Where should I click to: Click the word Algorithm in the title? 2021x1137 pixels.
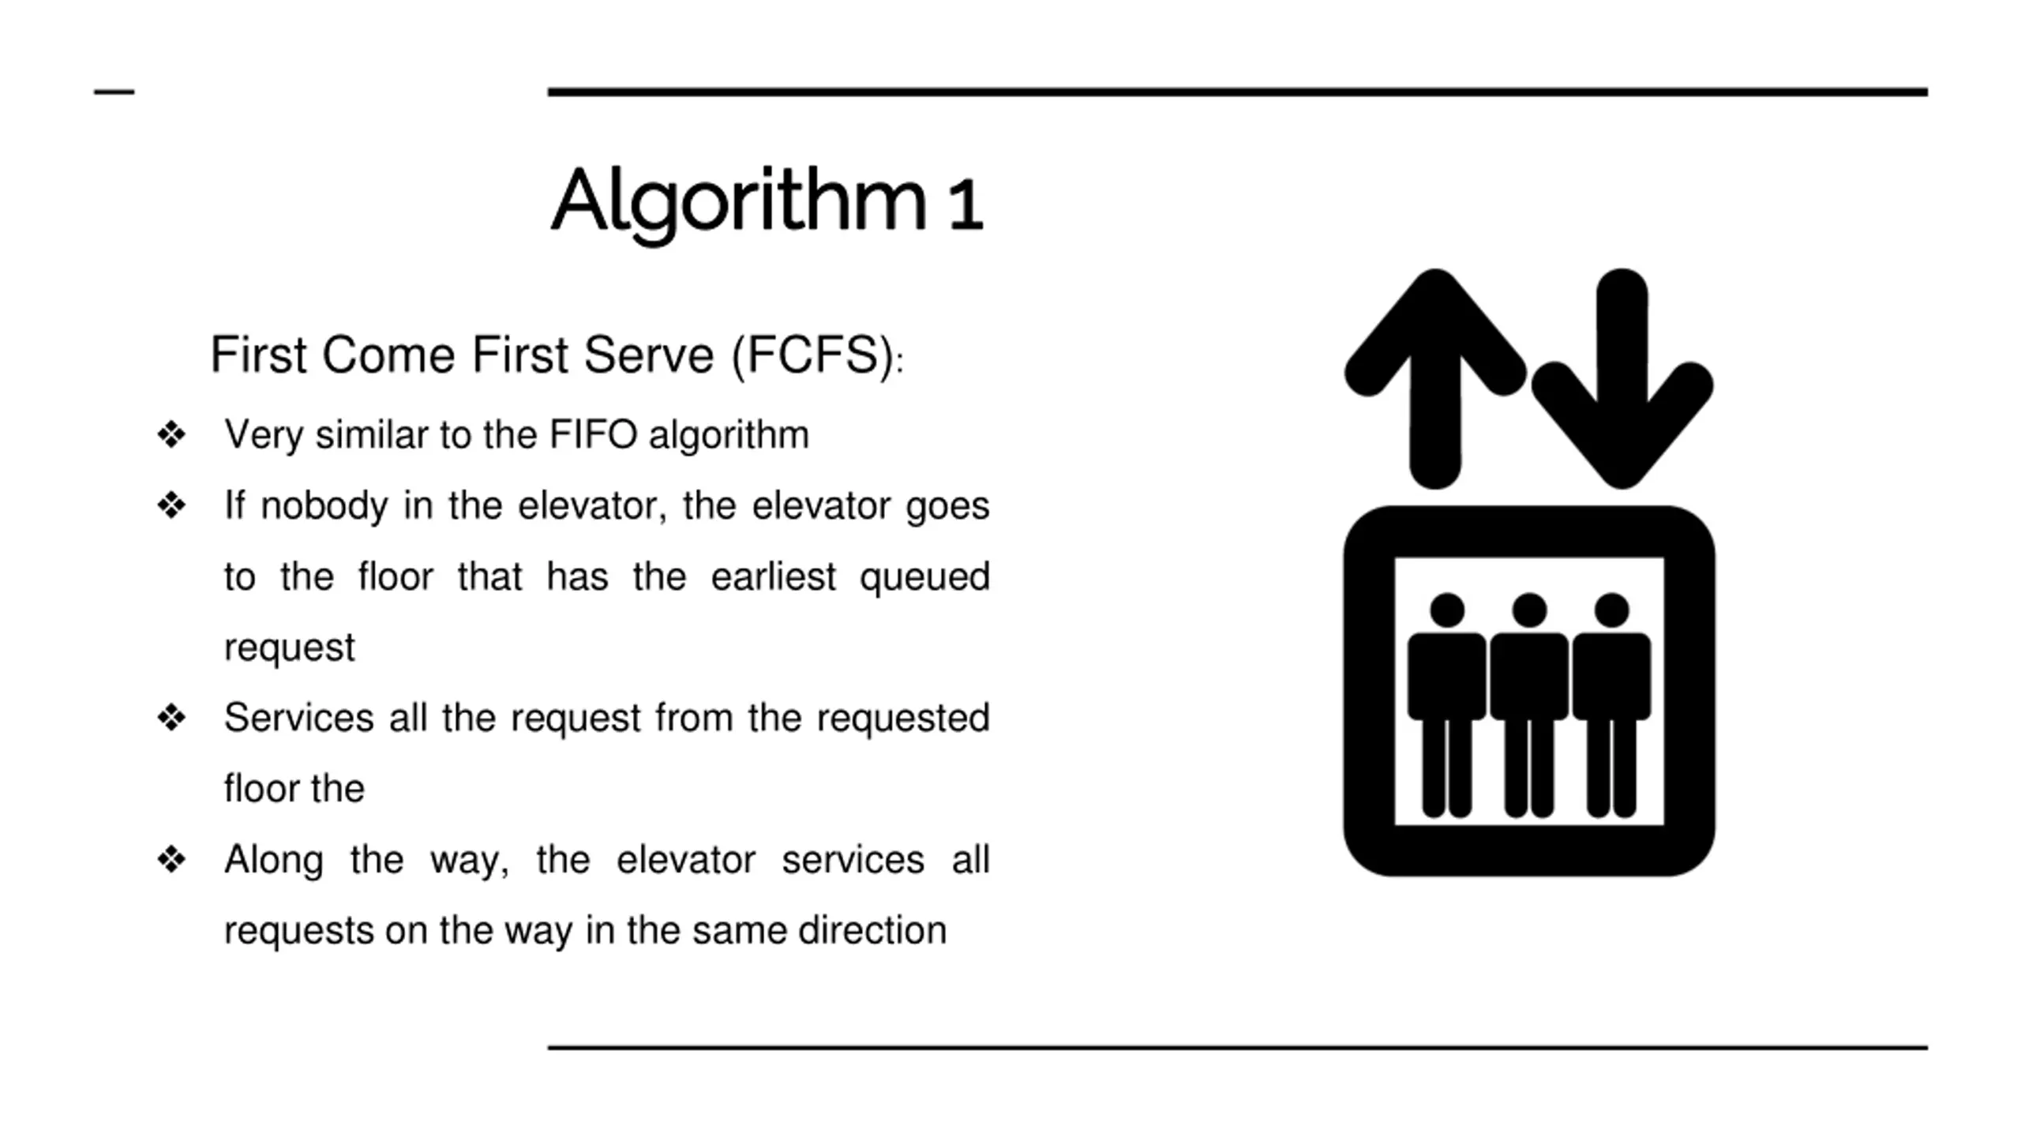[x=738, y=201]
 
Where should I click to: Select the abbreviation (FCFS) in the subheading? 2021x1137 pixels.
[x=812, y=355]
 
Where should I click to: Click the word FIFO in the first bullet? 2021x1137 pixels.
[x=593, y=434]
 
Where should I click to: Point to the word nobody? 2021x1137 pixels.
[x=324, y=505]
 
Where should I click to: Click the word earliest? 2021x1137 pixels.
[x=773, y=576]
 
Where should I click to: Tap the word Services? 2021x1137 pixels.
[x=298, y=718]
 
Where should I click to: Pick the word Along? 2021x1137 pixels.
[x=273, y=861]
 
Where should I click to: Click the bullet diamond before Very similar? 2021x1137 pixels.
[x=171, y=434]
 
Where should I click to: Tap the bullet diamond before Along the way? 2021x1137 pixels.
[x=171, y=859]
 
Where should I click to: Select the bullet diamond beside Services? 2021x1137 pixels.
[x=171, y=718]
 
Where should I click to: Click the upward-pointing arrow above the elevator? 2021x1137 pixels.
[x=1435, y=379]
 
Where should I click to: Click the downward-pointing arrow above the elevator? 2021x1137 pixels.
[x=1622, y=379]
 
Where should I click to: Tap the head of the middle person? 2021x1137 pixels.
[x=1529, y=610]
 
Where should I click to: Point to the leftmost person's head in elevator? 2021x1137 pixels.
[x=1447, y=610]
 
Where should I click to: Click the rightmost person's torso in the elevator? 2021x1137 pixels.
[x=1611, y=676]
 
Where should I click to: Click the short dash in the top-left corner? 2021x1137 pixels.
[x=114, y=92]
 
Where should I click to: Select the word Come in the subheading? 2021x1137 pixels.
[x=388, y=355]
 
